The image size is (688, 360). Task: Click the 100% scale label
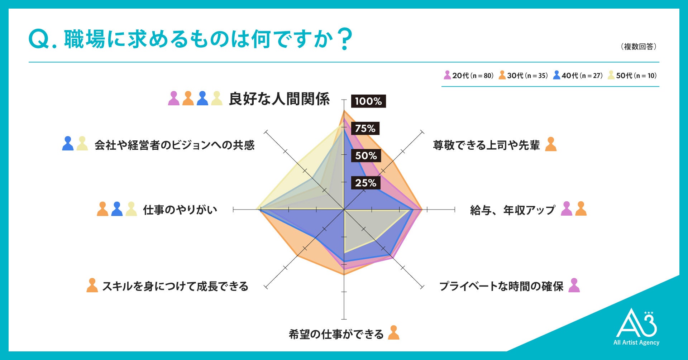coord(368,101)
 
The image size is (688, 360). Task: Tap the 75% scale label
coord(365,129)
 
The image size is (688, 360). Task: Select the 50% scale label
coord(366,156)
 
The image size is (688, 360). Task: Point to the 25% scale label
coord(365,183)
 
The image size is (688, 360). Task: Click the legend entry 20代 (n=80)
coord(469,76)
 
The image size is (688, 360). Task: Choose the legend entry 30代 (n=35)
coord(524,76)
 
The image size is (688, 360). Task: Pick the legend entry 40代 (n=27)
coord(578,76)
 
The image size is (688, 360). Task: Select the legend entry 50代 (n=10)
coord(632,76)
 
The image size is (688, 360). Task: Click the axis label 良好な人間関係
coord(279,99)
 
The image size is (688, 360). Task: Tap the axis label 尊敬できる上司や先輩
coord(486,145)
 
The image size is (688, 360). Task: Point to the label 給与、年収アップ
coord(512,210)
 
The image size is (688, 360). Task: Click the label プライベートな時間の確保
coord(501,286)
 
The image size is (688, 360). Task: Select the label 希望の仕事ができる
coord(336,334)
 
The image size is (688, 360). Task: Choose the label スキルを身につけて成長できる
coord(175,286)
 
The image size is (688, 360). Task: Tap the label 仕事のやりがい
coord(180,210)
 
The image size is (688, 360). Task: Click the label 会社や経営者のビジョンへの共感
coord(175,145)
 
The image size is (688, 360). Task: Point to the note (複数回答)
coord(639,47)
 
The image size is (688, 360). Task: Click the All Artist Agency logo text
coord(636,342)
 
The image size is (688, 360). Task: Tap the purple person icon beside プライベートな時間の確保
coord(574,285)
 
